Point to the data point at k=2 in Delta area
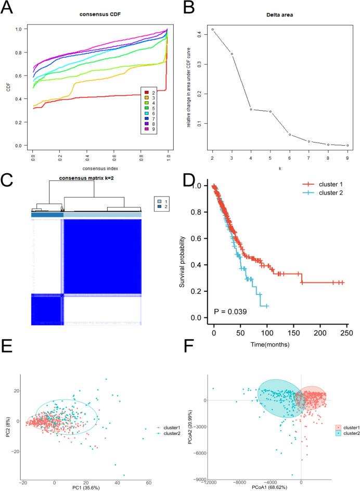click(x=213, y=30)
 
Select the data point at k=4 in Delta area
click(x=251, y=109)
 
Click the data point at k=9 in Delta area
click(x=347, y=146)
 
